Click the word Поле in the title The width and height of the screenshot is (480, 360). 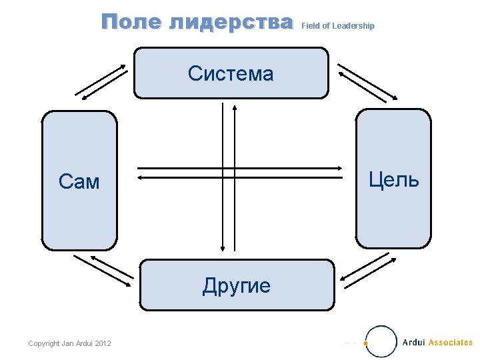click(x=132, y=23)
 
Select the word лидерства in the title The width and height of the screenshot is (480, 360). click(x=231, y=23)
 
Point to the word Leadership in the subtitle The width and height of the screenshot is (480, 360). click(x=353, y=26)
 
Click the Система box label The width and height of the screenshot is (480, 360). click(x=231, y=73)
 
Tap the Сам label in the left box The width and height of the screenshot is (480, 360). click(x=79, y=181)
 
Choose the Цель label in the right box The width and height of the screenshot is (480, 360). click(x=393, y=179)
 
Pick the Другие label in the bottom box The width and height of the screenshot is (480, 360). click(x=237, y=286)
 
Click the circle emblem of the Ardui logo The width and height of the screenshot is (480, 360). click(x=381, y=341)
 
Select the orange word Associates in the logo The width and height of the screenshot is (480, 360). click(x=451, y=343)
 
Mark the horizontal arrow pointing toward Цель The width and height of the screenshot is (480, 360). click(x=244, y=167)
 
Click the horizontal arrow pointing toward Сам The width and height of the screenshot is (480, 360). click(x=244, y=178)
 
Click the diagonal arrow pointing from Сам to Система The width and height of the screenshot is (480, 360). click(x=101, y=78)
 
